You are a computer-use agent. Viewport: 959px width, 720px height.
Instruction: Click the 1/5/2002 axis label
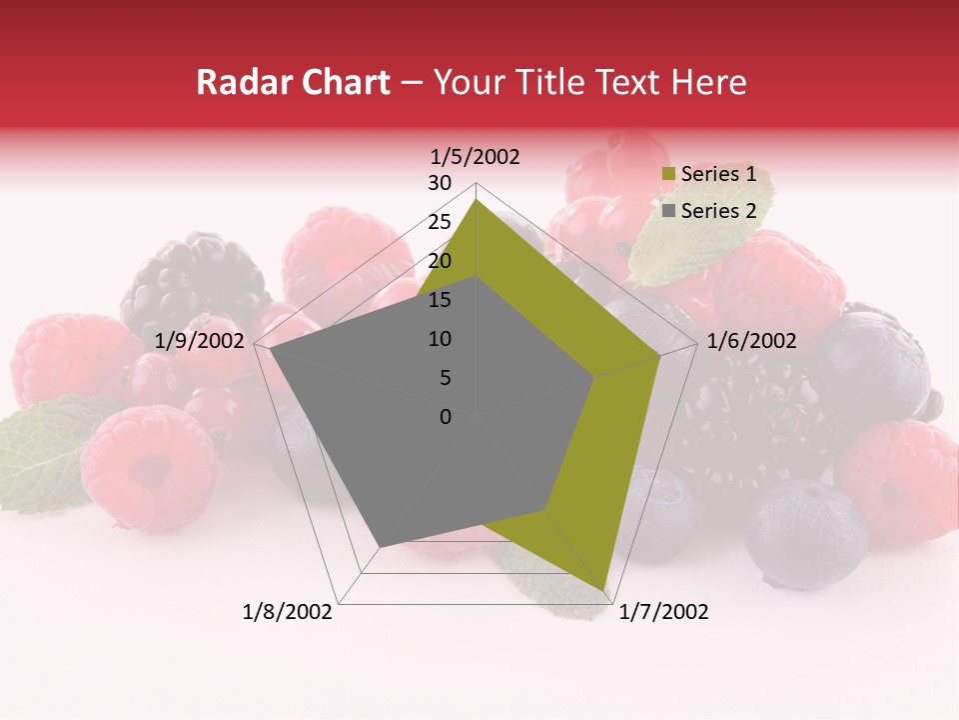pos(475,157)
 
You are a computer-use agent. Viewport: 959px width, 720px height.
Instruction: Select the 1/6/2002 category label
pos(751,341)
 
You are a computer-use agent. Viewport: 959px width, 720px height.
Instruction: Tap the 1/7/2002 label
pos(663,612)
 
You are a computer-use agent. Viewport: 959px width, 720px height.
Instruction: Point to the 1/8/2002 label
pos(288,612)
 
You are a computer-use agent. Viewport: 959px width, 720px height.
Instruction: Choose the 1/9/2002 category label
pos(200,341)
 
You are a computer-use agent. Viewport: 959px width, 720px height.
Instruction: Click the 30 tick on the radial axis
pos(439,183)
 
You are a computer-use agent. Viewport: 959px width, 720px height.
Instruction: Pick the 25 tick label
pos(439,222)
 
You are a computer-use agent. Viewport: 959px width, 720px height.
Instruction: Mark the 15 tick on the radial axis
pos(439,300)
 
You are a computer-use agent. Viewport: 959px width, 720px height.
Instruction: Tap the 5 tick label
pos(445,378)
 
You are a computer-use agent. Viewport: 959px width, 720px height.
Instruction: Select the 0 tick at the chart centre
pos(446,417)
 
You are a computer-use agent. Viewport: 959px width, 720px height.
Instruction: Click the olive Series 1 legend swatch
pos(668,175)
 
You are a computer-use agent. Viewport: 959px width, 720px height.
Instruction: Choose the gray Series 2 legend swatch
pos(668,211)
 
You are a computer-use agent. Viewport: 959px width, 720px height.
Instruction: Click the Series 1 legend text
pos(718,174)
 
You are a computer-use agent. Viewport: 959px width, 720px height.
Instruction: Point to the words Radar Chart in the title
pos(293,83)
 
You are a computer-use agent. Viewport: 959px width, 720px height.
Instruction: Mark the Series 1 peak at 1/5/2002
pos(476,200)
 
